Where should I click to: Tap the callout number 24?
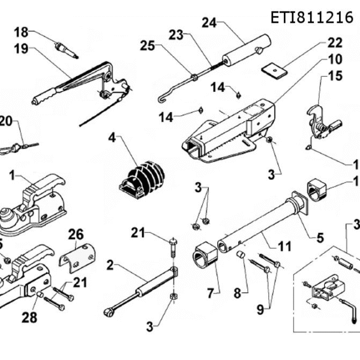(x=209, y=23)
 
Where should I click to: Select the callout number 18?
(x=21, y=31)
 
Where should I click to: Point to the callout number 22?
(x=335, y=43)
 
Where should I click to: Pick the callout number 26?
(x=76, y=233)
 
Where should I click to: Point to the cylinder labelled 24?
(x=246, y=50)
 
